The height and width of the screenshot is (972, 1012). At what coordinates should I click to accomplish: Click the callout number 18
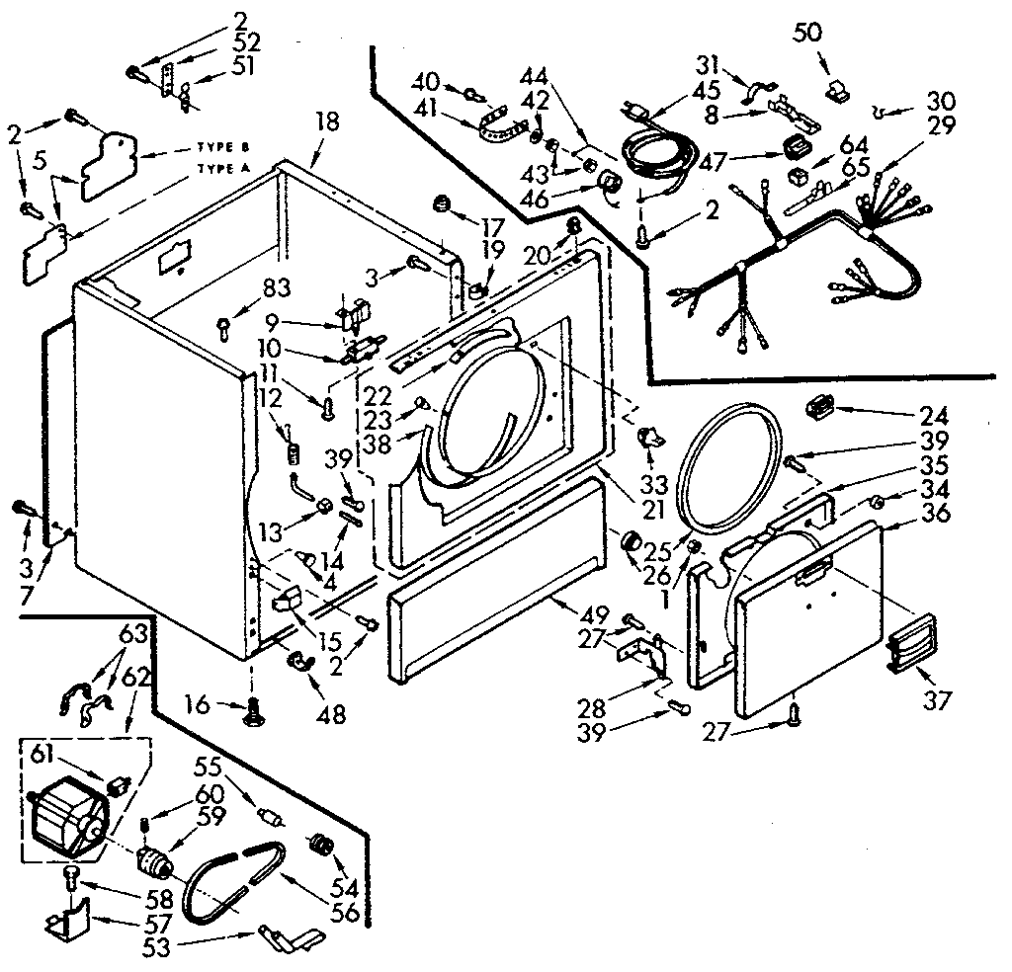(x=327, y=122)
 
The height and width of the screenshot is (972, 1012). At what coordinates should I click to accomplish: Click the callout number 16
(x=198, y=704)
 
